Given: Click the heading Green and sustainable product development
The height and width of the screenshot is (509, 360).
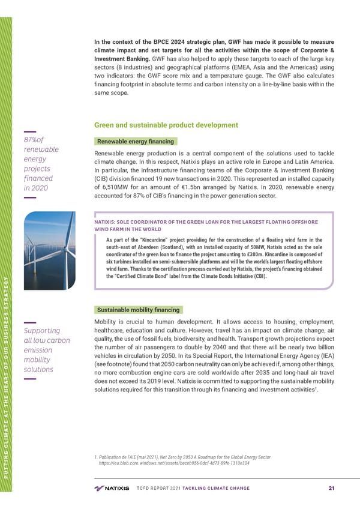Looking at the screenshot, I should pos(166,125).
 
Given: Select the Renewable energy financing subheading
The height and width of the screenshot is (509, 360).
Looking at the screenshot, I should pos(135,142).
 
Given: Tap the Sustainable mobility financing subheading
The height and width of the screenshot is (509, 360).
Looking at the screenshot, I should pos(138,310).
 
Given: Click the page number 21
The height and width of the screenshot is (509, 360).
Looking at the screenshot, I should pos(332,487).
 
